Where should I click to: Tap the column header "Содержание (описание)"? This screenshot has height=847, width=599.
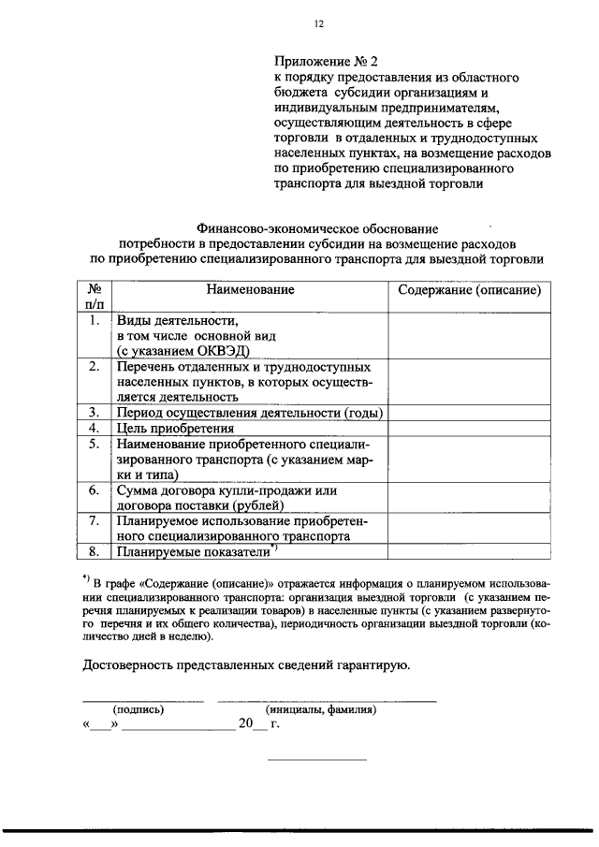tap(469, 290)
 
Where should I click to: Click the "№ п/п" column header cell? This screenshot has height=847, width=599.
tap(95, 297)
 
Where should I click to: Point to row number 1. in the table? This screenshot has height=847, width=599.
tap(95, 320)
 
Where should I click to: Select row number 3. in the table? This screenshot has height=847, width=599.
tap(95, 412)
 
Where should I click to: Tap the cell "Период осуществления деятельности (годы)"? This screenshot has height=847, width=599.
tap(250, 412)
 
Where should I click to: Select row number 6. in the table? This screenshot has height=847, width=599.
tap(95, 490)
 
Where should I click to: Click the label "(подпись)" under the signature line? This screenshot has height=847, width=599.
tap(139, 710)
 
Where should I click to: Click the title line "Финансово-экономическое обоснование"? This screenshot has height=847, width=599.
tap(317, 227)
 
